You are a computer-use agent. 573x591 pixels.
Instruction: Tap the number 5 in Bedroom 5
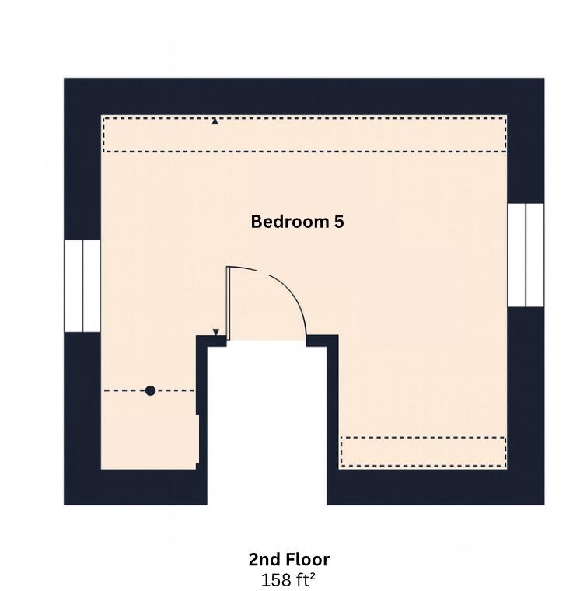[x=339, y=222]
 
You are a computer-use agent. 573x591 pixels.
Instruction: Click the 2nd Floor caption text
[x=289, y=559]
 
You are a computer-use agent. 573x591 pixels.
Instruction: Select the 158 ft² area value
[x=289, y=579]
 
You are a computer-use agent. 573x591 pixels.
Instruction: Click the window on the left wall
[x=82, y=286]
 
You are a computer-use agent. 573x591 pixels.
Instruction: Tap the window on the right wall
[x=526, y=255]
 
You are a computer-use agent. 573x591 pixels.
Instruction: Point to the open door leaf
[x=229, y=303]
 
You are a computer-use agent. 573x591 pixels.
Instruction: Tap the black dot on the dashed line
[x=150, y=391]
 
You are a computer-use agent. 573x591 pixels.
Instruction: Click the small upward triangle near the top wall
[x=215, y=121]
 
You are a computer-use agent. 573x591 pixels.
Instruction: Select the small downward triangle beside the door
[x=216, y=332]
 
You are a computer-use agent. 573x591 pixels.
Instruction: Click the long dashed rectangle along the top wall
[x=304, y=135]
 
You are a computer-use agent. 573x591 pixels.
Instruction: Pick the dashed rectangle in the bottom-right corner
[x=423, y=452]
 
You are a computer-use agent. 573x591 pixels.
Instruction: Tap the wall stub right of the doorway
[x=322, y=340]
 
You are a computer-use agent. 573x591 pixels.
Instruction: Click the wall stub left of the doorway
[x=209, y=341]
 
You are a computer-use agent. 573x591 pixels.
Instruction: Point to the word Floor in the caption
[x=307, y=559]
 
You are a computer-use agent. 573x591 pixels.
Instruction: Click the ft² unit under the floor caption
[x=306, y=579]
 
